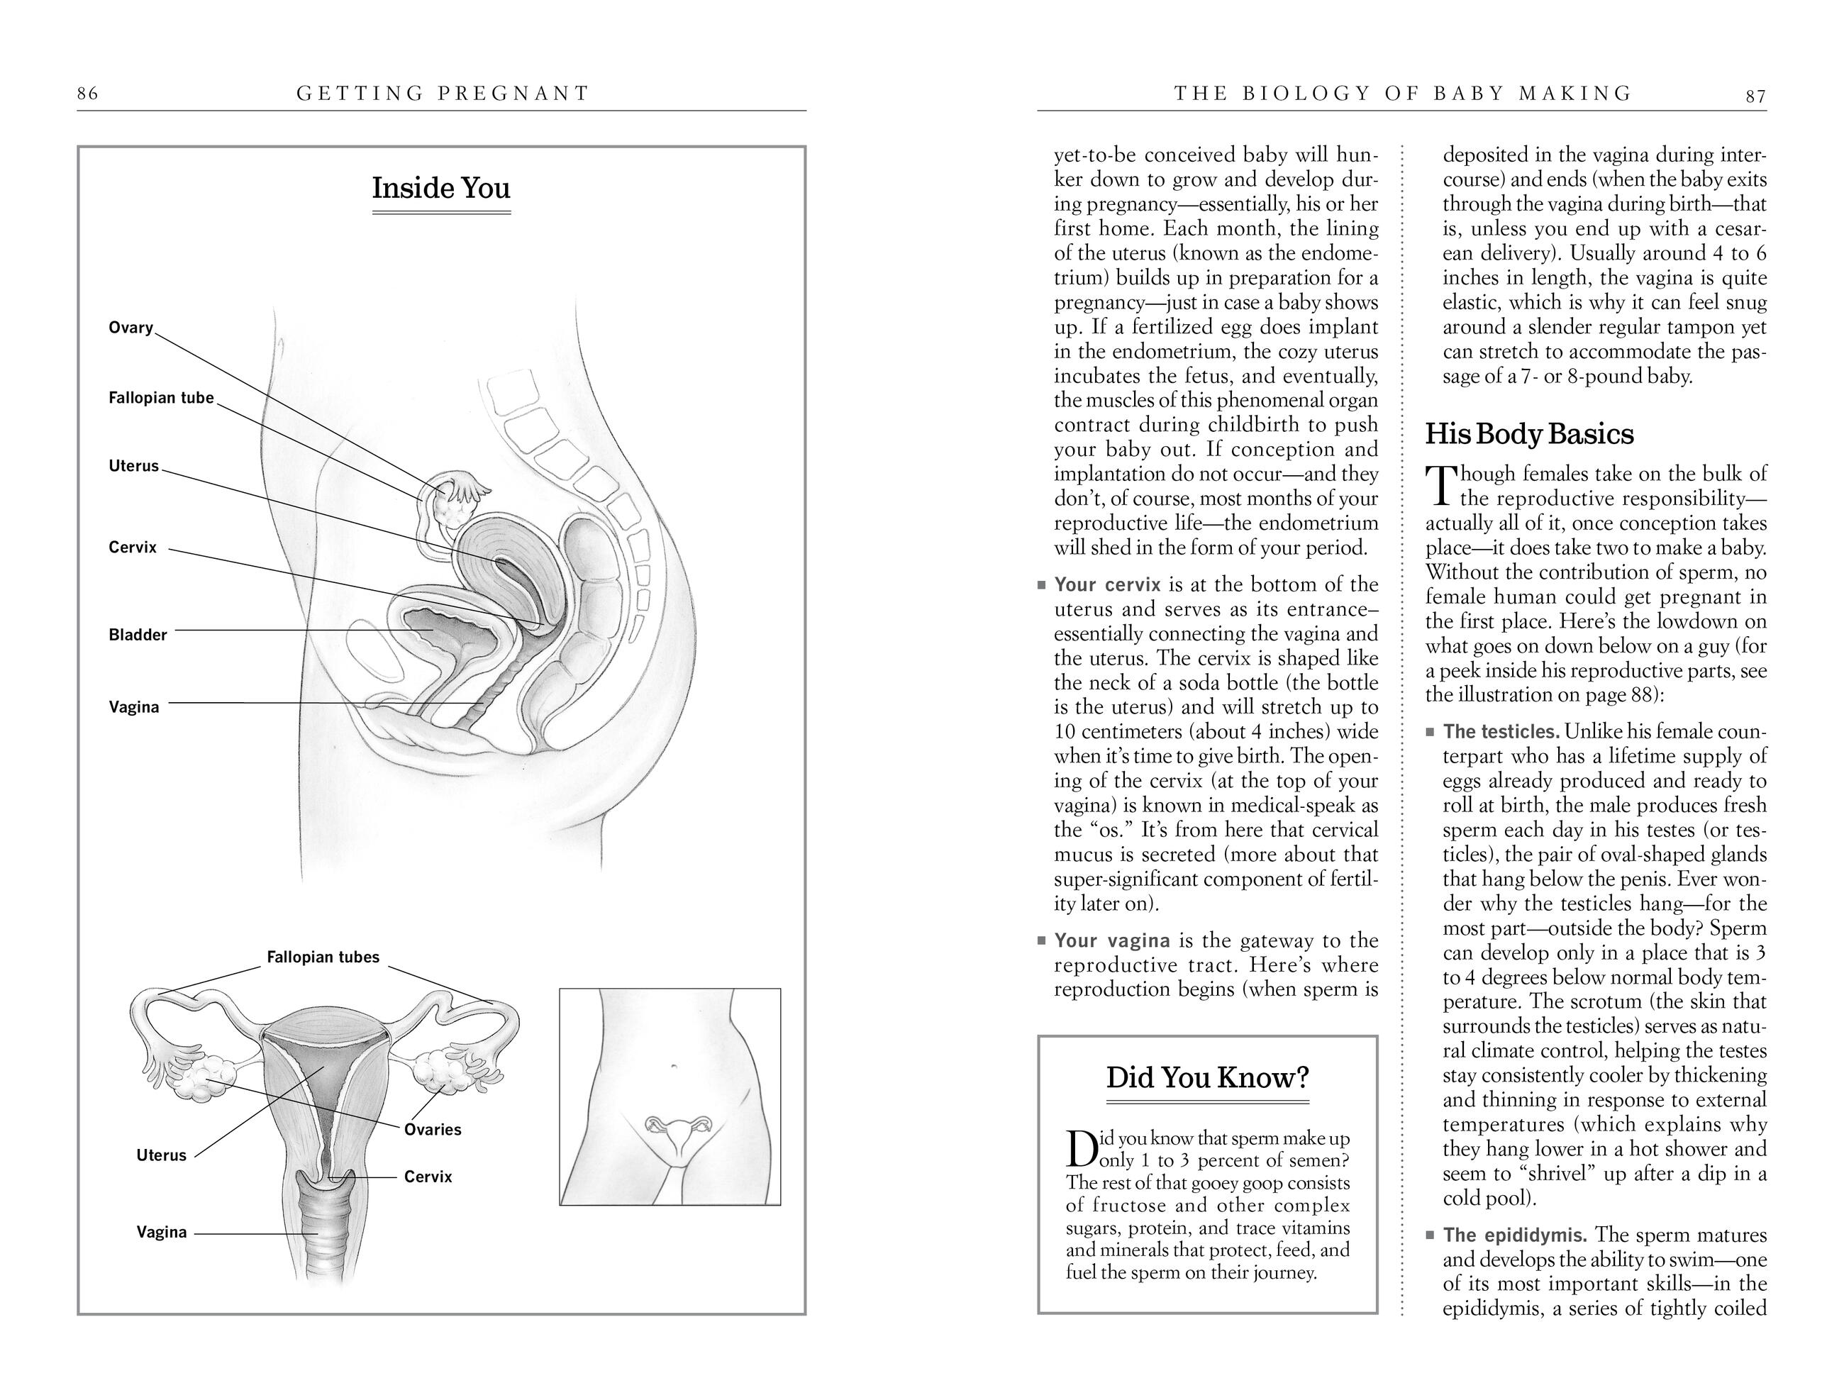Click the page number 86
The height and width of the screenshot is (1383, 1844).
tap(87, 94)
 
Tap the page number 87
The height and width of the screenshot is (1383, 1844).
tap(1755, 96)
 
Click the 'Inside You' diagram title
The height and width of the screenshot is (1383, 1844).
tap(441, 189)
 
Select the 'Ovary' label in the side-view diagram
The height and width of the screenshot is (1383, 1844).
tap(131, 328)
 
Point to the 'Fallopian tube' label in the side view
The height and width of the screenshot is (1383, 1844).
tap(161, 398)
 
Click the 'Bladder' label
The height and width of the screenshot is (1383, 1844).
tap(138, 635)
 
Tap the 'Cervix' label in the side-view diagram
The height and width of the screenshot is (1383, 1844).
tap(133, 548)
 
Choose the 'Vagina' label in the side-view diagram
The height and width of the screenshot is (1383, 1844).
tap(133, 708)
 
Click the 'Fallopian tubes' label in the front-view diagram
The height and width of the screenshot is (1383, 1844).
tap(323, 957)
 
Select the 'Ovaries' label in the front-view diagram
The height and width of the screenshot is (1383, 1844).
tap(432, 1130)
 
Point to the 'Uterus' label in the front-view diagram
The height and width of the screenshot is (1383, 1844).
tap(161, 1155)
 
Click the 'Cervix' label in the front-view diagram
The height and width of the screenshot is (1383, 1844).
tap(428, 1177)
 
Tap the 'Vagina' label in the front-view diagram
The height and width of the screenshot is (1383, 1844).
tap(162, 1232)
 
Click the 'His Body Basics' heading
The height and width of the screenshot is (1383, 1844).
tap(1529, 434)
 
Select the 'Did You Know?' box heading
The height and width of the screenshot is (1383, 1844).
tap(1207, 1078)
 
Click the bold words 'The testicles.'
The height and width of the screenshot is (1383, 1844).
tap(1501, 732)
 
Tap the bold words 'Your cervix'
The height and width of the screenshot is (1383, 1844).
tap(1107, 584)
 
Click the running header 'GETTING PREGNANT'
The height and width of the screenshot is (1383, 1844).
tap(443, 94)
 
